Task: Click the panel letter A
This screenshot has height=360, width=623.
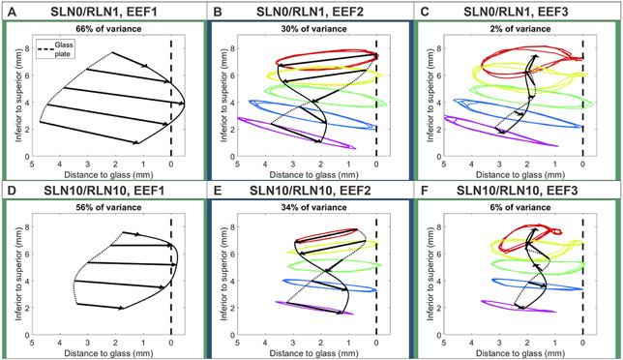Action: pos(9,10)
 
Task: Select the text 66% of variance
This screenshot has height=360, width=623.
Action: pos(102,29)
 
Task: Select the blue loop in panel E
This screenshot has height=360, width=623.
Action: pos(300,285)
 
